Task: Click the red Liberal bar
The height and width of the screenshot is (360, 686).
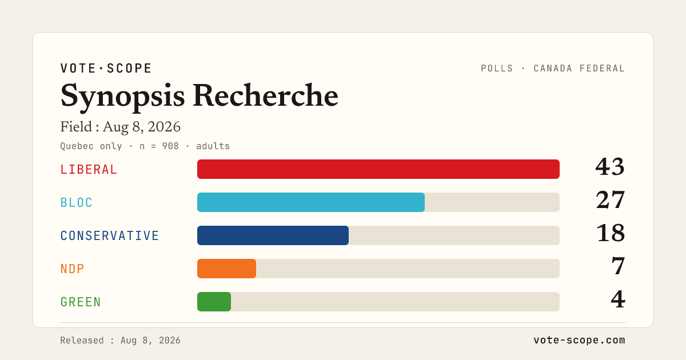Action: click(378, 169)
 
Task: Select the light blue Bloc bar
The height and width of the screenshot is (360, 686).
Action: click(311, 202)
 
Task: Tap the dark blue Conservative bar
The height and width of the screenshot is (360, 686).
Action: click(273, 235)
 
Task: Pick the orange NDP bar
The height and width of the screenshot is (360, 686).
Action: click(226, 269)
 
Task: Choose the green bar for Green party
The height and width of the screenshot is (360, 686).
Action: click(214, 302)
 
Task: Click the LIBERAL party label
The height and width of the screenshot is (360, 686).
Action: click(89, 170)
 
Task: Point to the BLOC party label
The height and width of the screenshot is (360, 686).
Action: click(76, 203)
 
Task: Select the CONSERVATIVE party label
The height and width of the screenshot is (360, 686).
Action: click(110, 235)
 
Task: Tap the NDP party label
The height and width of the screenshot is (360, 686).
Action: click(72, 269)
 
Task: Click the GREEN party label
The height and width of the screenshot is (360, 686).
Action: click(81, 302)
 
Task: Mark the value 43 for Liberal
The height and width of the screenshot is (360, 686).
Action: click(610, 167)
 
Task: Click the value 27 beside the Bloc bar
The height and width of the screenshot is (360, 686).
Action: click(611, 200)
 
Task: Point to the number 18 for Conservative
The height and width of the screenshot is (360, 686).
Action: click(611, 233)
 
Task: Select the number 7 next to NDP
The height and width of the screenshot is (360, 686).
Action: click(618, 266)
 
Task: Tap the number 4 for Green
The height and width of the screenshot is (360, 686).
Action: click(618, 299)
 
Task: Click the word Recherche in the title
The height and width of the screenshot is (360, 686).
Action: click(265, 95)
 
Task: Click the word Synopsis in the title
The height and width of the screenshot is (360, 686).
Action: click(122, 97)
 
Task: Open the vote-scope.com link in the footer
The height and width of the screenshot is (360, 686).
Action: click(579, 340)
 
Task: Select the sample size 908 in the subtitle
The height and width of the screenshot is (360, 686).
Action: click(170, 146)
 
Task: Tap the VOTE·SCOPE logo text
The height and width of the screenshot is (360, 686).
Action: click(106, 68)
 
